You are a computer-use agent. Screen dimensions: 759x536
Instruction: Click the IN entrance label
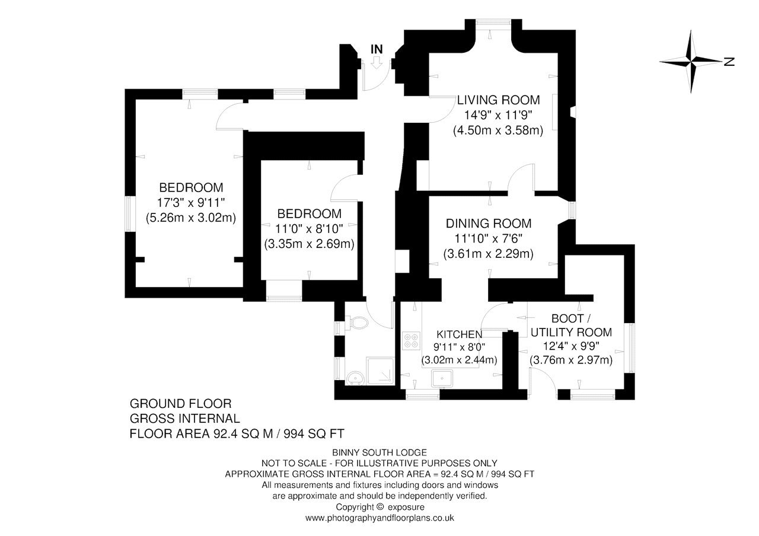click(x=377, y=49)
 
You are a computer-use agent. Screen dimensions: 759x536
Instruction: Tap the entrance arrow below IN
click(x=377, y=63)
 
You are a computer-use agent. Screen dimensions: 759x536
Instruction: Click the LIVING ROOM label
click(x=498, y=100)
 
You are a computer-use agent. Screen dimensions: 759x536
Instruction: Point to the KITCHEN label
click(x=459, y=334)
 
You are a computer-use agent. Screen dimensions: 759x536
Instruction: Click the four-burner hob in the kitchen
click(x=411, y=340)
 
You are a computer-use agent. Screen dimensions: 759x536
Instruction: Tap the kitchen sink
click(x=442, y=378)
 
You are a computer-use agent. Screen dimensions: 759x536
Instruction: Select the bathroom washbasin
click(x=355, y=378)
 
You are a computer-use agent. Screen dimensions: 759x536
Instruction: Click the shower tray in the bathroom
click(x=381, y=371)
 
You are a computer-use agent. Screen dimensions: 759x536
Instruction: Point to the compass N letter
click(x=729, y=62)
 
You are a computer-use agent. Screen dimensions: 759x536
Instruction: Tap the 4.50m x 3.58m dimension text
click(x=498, y=130)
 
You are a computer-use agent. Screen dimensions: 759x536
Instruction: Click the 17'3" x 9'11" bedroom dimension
click(x=191, y=203)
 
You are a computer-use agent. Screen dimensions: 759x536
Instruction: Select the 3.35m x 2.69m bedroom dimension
click(x=309, y=244)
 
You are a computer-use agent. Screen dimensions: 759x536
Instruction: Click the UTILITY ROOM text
click(x=571, y=333)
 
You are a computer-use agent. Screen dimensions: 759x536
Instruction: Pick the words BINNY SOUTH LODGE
click(x=379, y=452)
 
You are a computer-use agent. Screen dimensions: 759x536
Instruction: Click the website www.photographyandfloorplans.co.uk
click(x=379, y=518)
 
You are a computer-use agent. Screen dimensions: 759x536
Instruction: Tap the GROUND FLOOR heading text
click(x=181, y=404)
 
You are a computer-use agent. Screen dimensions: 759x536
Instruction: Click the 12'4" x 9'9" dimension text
click(x=571, y=346)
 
